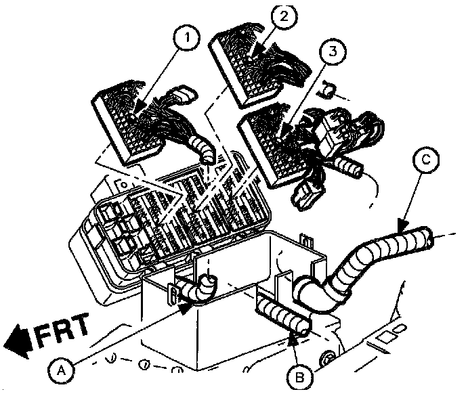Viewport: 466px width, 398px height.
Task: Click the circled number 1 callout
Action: pos(187,37)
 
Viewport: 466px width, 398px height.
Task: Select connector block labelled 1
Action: pos(129,125)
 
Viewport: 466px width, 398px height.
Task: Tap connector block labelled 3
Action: pos(271,146)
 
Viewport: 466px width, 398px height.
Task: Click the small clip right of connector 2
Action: pos(326,89)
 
